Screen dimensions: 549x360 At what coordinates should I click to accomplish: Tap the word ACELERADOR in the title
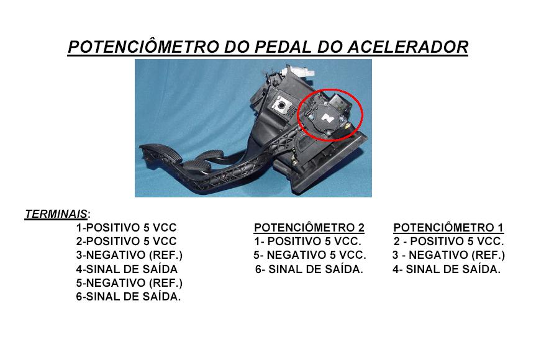[408, 47]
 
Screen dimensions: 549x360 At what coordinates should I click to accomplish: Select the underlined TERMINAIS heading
[56, 214]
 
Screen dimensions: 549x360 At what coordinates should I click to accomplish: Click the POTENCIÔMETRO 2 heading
[309, 228]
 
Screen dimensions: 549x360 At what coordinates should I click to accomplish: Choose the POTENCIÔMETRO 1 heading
[448, 228]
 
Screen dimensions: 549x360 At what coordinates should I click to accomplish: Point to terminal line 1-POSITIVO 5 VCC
[127, 228]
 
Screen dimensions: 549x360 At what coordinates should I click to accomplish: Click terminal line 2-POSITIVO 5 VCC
[127, 241]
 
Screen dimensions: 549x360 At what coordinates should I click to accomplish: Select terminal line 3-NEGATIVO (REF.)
[130, 255]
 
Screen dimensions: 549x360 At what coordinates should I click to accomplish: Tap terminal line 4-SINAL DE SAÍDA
[127, 269]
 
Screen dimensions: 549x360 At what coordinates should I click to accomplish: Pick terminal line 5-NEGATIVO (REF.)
[130, 282]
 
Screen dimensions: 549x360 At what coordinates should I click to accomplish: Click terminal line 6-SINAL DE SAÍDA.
[129, 297]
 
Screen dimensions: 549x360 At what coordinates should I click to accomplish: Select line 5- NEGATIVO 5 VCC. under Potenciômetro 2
[310, 255]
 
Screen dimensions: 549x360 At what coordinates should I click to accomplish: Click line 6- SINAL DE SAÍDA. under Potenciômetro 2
[309, 269]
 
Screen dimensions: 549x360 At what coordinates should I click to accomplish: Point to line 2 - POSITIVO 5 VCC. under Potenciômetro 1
[449, 241]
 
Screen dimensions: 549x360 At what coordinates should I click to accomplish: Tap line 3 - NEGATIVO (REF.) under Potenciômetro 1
[449, 255]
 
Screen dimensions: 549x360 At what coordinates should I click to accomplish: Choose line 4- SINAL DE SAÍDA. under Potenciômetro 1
[447, 269]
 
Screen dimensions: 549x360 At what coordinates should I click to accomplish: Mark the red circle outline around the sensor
[297, 115]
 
